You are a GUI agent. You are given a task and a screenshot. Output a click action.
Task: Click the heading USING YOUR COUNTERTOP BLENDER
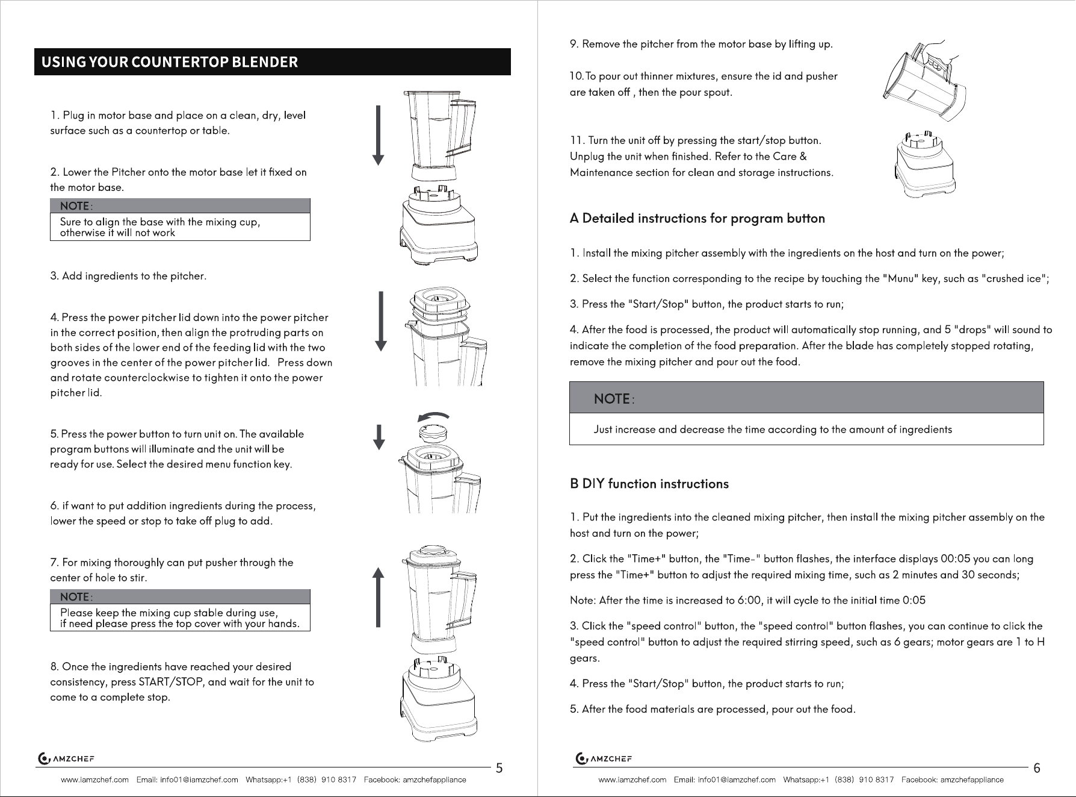pyautogui.click(x=169, y=62)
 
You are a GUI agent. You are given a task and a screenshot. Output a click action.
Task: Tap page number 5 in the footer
pyautogui.click(x=499, y=768)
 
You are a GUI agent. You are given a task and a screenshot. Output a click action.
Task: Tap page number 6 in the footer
pyautogui.click(x=1036, y=768)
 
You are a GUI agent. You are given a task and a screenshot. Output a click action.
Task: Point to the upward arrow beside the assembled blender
pyautogui.click(x=378, y=597)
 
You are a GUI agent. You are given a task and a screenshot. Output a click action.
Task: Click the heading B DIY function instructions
pyautogui.click(x=649, y=484)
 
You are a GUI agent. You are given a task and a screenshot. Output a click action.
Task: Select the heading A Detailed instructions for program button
pyautogui.click(x=697, y=218)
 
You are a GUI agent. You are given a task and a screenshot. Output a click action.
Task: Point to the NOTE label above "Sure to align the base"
pyautogui.click(x=76, y=206)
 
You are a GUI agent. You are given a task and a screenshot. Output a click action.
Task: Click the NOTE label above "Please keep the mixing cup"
pyautogui.click(x=76, y=596)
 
